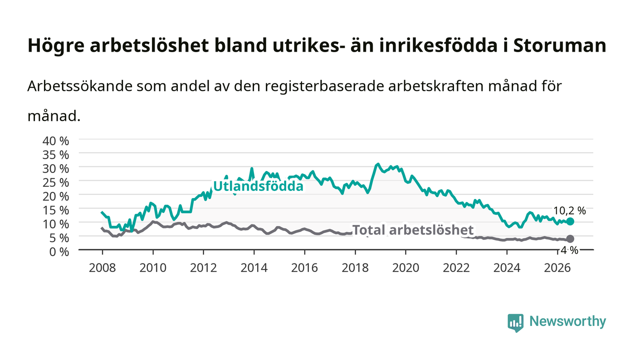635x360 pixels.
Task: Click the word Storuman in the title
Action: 560,45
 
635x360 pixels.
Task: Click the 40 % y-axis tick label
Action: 56,141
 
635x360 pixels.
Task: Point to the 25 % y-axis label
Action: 56,183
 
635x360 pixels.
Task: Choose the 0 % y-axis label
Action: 59,252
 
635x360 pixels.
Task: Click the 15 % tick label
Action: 56,210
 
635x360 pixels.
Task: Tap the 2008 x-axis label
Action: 103,268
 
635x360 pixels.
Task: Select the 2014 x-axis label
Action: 254,268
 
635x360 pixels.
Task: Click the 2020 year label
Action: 405,268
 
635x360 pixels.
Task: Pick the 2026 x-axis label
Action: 557,268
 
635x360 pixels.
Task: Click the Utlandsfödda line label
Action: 258,186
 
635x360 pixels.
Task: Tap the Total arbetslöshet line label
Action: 413,230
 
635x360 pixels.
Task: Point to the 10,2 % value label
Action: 570,211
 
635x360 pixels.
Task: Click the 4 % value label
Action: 570,250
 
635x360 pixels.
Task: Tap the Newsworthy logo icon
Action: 515,323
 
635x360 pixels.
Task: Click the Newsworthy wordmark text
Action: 567,321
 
